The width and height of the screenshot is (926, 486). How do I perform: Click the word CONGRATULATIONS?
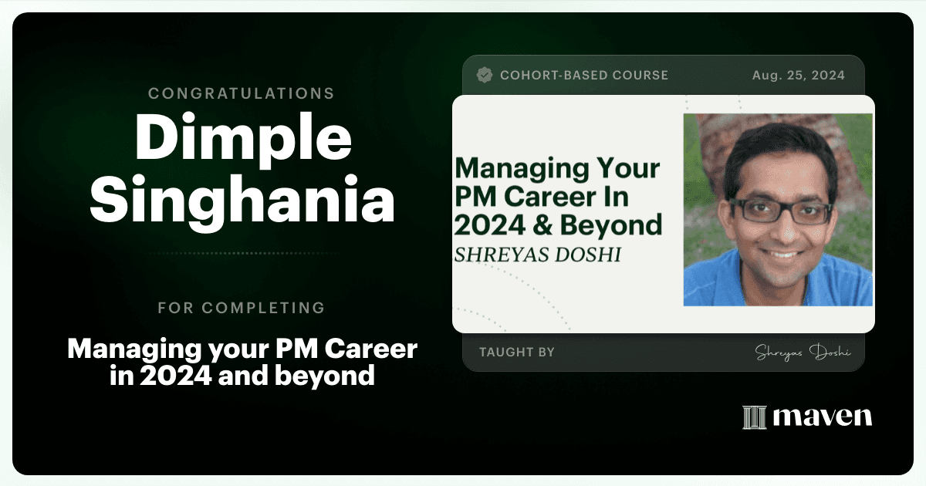(242, 93)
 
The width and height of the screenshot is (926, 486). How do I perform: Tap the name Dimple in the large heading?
(244, 140)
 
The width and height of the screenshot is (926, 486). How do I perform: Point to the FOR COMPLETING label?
(242, 308)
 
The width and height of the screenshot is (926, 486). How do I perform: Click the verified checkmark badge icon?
(485, 76)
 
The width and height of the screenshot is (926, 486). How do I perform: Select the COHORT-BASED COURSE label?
(584, 76)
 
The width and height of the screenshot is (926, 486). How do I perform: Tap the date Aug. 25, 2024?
(798, 76)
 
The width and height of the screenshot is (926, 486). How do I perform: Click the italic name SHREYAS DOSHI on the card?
(538, 255)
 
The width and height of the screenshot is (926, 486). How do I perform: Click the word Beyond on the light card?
(611, 225)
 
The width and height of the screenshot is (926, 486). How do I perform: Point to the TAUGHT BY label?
(517, 352)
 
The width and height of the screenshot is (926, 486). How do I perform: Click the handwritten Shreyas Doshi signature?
(803, 353)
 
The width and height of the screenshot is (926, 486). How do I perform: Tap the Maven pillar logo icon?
(755, 417)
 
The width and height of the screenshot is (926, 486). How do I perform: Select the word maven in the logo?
(823, 417)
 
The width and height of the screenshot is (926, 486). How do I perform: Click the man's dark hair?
(779, 145)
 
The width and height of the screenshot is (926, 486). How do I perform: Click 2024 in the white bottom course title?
(176, 376)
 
